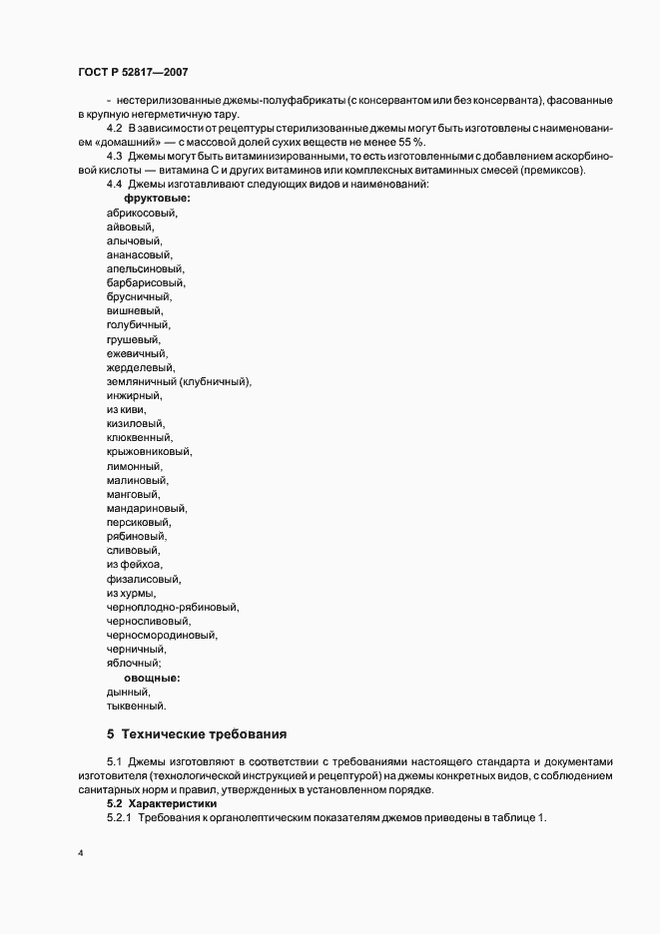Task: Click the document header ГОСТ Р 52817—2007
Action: pyautogui.click(x=132, y=72)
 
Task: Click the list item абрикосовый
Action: pyautogui.click(x=141, y=213)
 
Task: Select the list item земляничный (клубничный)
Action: pyautogui.click(x=179, y=381)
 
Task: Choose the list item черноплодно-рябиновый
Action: pyautogui.click(x=172, y=607)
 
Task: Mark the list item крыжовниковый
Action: pyautogui.click(x=149, y=451)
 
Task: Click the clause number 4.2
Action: pyautogui.click(x=115, y=129)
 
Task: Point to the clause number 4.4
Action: pyautogui.click(x=115, y=185)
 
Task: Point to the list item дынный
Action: pyautogui.click(x=128, y=692)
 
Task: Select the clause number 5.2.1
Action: pyautogui.click(x=119, y=818)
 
